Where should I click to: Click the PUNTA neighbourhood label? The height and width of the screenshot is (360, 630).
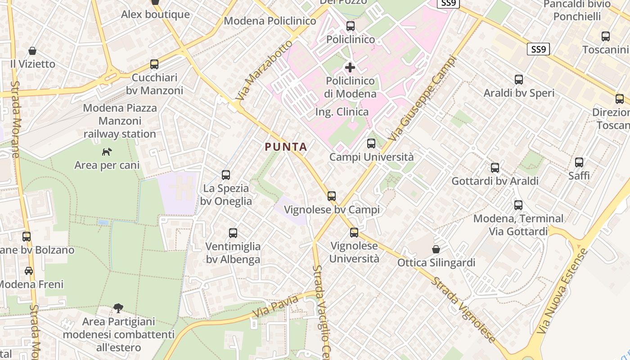[286, 147]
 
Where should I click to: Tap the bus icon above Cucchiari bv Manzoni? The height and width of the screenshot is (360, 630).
[154, 64]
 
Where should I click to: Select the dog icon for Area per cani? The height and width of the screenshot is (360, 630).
[107, 152]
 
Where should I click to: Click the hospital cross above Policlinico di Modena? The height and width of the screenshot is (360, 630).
[350, 68]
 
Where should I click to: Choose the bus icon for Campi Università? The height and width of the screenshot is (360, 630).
[371, 144]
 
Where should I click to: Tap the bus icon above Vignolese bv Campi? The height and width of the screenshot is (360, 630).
[332, 196]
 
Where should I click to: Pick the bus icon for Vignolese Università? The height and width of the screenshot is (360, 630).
[354, 233]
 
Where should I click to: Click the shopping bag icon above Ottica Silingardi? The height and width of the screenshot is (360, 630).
[436, 249]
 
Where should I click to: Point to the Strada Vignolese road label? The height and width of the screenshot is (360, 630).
[463, 310]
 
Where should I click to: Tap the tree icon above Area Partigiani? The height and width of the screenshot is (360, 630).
[118, 308]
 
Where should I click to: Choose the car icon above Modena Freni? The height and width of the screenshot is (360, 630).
[29, 271]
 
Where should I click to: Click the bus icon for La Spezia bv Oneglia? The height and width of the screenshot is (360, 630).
[226, 175]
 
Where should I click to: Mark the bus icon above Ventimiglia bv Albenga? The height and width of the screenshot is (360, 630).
[233, 233]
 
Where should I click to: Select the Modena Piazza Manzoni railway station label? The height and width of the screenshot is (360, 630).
[120, 121]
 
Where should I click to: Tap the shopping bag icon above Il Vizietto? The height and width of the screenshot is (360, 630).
[32, 51]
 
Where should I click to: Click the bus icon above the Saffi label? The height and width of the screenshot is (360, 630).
[579, 162]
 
